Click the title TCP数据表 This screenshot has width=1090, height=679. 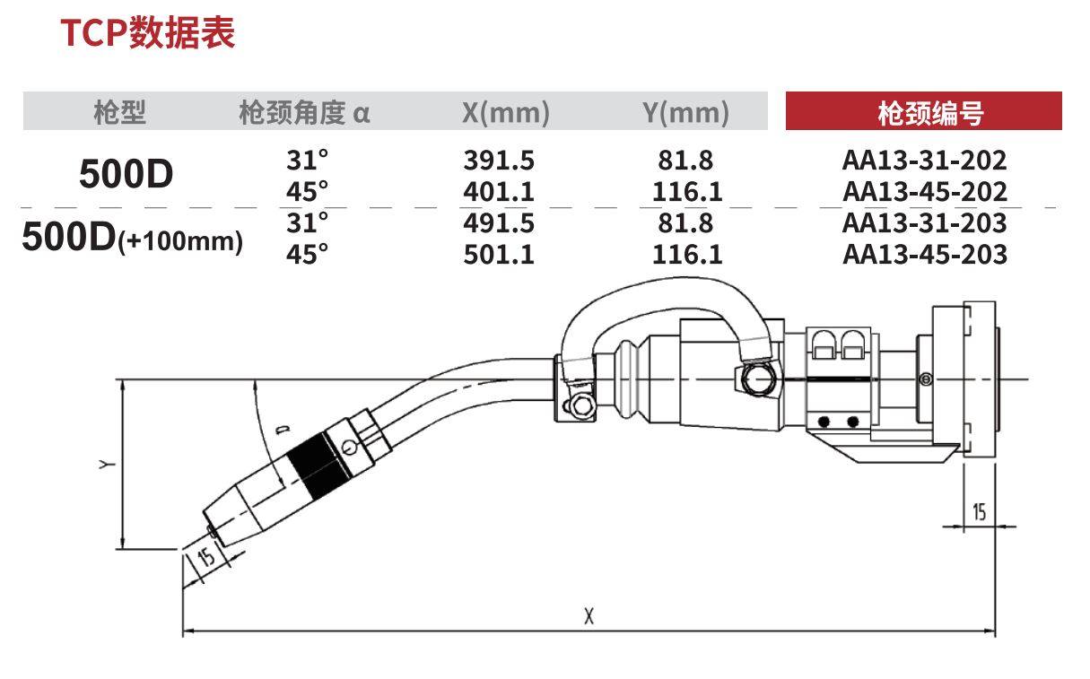147,33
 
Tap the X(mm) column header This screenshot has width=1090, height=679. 506,113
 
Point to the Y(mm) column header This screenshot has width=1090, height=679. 686,113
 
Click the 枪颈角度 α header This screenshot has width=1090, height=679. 305,113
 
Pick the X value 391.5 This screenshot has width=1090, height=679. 499,160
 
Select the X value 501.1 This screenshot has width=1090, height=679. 499,255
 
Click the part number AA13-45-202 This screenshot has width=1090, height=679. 925,192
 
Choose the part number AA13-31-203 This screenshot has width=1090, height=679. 925,223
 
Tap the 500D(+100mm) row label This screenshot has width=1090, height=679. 133,238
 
